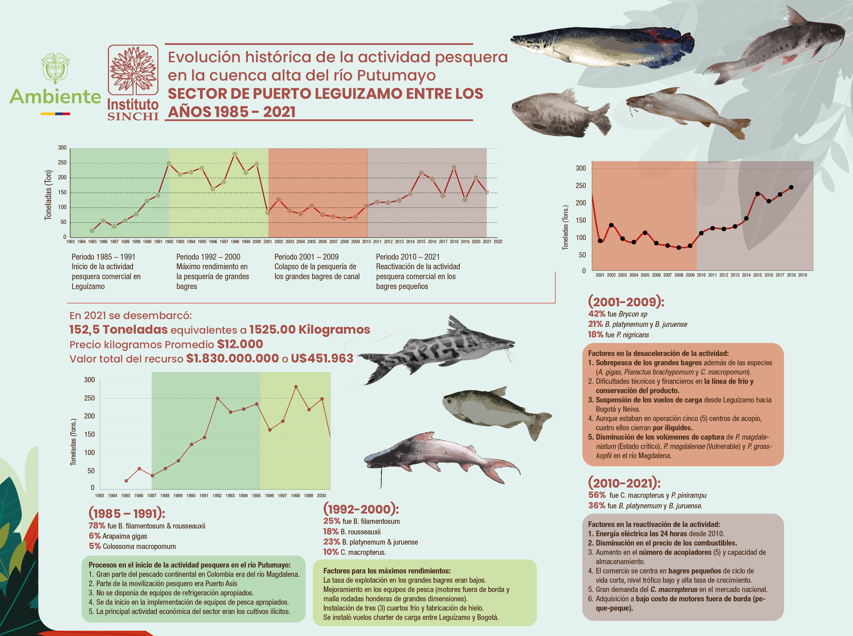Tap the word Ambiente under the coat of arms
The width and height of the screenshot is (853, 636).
(x=55, y=97)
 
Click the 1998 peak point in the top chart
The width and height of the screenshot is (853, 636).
(x=235, y=154)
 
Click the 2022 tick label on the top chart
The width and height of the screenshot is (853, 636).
(x=498, y=242)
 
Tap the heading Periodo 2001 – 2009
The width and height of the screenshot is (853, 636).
(x=306, y=257)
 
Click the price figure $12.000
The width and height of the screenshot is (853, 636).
(x=240, y=344)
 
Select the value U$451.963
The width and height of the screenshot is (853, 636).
(x=322, y=358)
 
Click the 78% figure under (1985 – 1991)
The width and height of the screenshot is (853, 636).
(x=97, y=526)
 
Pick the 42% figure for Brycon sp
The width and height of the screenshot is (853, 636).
(x=596, y=314)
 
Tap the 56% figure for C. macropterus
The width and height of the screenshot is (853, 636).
(x=597, y=495)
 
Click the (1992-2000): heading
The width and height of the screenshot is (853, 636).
(x=361, y=509)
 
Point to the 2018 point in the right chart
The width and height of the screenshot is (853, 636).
(x=791, y=187)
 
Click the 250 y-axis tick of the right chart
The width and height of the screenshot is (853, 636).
(x=581, y=186)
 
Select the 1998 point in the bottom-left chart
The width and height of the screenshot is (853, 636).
(x=295, y=387)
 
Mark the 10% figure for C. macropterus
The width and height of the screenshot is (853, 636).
(x=331, y=552)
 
